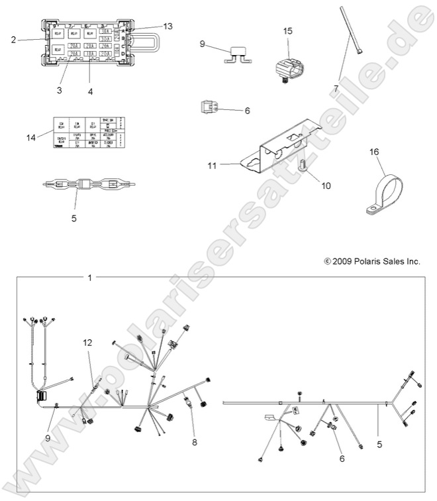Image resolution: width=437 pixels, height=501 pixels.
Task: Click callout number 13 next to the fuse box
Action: [168, 26]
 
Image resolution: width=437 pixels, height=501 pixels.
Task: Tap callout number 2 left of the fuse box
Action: [13, 40]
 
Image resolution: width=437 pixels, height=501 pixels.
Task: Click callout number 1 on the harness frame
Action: [90, 277]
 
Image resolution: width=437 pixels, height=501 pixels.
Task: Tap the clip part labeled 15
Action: [290, 61]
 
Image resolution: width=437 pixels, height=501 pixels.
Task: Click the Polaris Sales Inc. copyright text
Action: [372, 262]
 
